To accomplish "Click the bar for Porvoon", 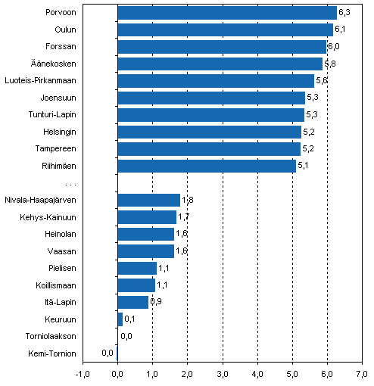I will point(227,13).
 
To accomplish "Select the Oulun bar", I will point(225,30).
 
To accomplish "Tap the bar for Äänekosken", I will point(220,64).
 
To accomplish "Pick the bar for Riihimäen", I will point(207,166).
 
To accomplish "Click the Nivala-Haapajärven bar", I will point(148,200).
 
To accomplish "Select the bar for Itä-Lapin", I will point(132,302).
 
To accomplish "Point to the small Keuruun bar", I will point(120,319).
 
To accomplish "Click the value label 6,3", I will point(344,13).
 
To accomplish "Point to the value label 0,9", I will point(156,303).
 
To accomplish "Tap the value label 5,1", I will point(303,166).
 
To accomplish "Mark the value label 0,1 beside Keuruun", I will point(130,319).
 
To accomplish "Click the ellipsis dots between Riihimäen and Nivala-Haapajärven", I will point(70,184).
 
